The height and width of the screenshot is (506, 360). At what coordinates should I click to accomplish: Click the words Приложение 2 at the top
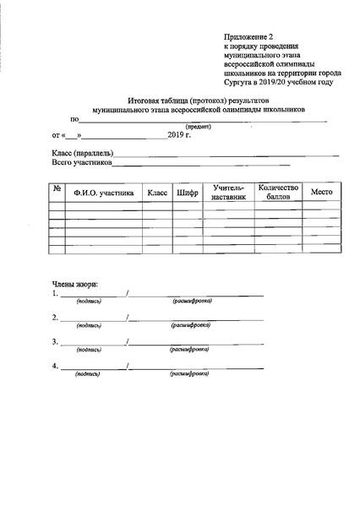pyautogui.click(x=250, y=39)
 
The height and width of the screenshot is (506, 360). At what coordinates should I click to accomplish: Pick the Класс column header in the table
pyautogui.click(x=158, y=193)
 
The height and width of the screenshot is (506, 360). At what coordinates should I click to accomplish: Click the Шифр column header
pyautogui.click(x=188, y=193)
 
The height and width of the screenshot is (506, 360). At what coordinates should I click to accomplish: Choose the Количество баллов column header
pyautogui.click(x=279, y=192)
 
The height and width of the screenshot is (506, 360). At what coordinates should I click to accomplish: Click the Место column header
pyautogui.click(x=322, y=192)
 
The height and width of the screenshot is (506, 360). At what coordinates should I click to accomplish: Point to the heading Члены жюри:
pyautogui.click(x=75, y=285)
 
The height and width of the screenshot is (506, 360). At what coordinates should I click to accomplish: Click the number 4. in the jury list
pyautogui.click(x=55, y=366)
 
